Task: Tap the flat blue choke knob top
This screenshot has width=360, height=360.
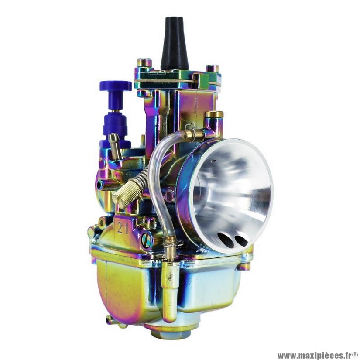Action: click(x=116, y=86)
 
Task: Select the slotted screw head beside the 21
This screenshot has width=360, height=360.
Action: click(x=147, y=240)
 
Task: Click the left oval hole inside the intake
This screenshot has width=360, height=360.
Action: click(x=226, y=240)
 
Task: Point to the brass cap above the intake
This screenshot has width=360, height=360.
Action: click(x=214, y=114)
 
